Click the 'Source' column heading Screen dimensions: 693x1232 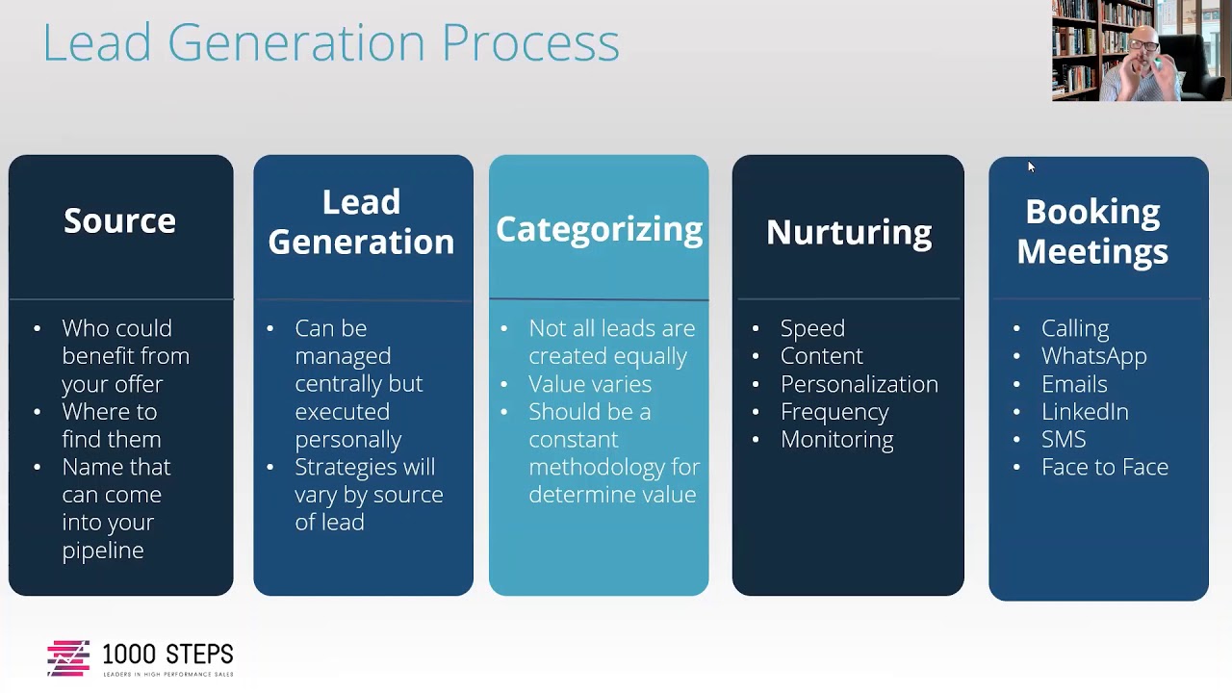pos(119,220)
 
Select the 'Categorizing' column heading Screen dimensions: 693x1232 pos(599,229)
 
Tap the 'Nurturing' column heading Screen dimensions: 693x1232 pos(848,232)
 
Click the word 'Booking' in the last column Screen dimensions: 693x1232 pos(1092,212)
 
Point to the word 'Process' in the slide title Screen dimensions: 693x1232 pos(529,42)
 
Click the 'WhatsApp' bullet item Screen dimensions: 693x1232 pos(1093,356)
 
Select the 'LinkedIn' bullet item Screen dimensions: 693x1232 pos(1085,412)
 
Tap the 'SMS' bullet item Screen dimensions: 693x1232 pos(1064,440)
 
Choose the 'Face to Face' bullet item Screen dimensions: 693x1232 pos(1104,468)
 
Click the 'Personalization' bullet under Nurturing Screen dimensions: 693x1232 pos(859,384)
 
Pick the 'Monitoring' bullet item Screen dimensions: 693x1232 pos(836,440)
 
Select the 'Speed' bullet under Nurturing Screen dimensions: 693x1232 pos(812,328)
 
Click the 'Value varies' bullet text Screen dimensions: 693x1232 pos(589,384)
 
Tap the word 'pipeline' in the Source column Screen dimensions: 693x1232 pos(102,551)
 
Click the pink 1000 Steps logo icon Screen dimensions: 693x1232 pos(67,658)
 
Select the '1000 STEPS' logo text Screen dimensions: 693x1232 pos(167,654)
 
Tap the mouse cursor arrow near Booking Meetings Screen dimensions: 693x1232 pos(1030,167)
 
